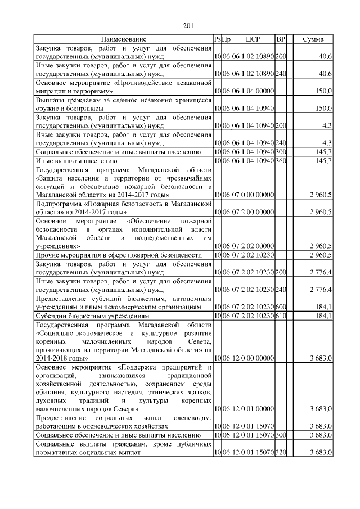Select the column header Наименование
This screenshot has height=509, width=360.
pos(124,39)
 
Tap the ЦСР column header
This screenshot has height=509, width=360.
pos(252,39)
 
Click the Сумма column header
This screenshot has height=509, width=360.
pos(313,39)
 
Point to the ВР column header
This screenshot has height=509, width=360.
pos(281,39)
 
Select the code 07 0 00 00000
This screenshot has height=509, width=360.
pos(252,195)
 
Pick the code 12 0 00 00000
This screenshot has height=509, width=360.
pos(252,358)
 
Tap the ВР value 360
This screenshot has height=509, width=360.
pos(281,161)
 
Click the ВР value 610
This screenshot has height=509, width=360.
pos(281,316)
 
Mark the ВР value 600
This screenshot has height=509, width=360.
pos(281,307)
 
